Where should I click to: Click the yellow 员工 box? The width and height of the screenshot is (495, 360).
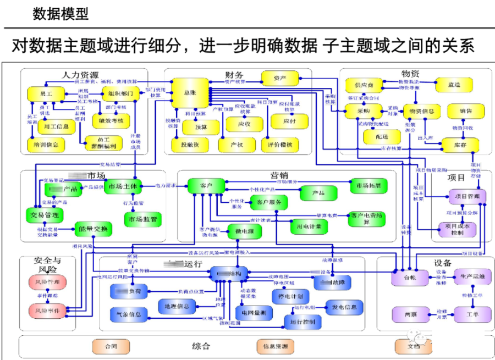pos(46,94)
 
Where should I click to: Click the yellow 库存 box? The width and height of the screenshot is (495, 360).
pos(460,145)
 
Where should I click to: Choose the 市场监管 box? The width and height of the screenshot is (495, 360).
pos(142,220)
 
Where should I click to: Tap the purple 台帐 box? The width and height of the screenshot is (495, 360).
pos(410,278)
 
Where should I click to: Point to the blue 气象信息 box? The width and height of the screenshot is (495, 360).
pos(129,315)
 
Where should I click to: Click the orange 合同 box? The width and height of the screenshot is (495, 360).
pos(111,346)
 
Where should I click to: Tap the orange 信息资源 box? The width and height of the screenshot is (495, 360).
pos(275,346)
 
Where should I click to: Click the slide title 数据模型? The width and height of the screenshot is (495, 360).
pos(60,13)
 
